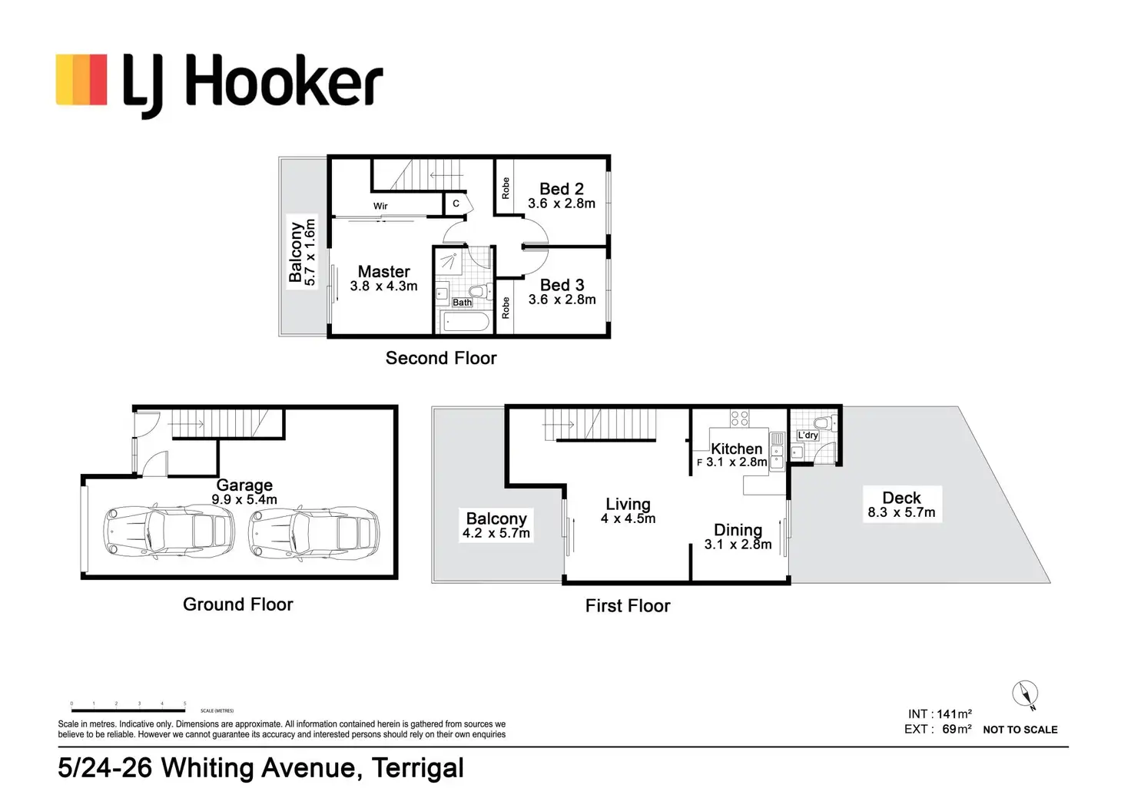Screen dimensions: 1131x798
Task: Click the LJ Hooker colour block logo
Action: [81, 79]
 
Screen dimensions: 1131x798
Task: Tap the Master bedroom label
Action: [383, 272]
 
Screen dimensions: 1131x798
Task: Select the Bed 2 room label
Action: [561, 189]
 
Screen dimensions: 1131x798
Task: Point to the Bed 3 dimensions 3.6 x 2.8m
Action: [562, 300]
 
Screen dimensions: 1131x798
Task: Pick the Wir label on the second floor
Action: [380, 206]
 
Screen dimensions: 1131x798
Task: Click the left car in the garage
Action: [168, 531]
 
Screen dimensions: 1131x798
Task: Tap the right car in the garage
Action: [313, 531]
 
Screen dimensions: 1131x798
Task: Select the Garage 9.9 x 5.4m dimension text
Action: [244, 499]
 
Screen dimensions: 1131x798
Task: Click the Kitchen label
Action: [736, 449]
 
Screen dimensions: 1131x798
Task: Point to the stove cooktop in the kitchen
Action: [739, 419]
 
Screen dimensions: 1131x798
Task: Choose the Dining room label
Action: [738, 530]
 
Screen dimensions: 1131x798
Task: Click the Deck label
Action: [901, 498]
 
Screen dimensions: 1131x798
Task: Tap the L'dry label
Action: [808, 435]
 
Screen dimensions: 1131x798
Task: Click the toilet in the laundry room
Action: [821, 423]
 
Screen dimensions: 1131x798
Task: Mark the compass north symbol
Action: [1025, 694]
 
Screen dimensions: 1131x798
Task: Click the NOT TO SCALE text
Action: [1020, 730]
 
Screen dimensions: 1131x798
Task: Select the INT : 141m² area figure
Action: [939, 714]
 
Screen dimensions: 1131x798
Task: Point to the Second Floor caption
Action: [441, 358]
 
